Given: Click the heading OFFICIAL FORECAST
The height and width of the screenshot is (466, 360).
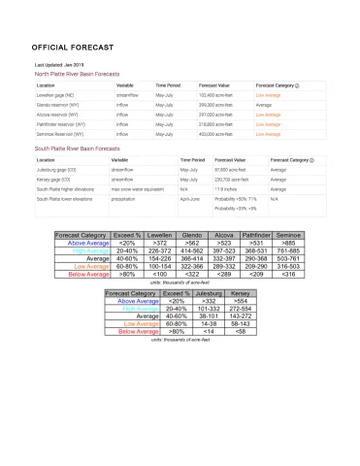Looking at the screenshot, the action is pyautogui.click(x=72, y=47).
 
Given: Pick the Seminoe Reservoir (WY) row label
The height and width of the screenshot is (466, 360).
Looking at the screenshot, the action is pyautogui.click(x=60, y=134).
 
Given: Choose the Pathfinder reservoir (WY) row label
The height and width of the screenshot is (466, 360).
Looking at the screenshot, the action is pyautogui.click(x=60, y=124).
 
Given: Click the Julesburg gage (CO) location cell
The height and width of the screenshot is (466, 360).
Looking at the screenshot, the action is pyautogui.click(x=57, y=169).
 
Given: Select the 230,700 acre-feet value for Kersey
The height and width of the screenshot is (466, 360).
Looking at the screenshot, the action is pyautogui.click(x=233, y=179).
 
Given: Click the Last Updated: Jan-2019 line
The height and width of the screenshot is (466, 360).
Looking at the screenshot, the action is pyautogui.click(x=61, y=65).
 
